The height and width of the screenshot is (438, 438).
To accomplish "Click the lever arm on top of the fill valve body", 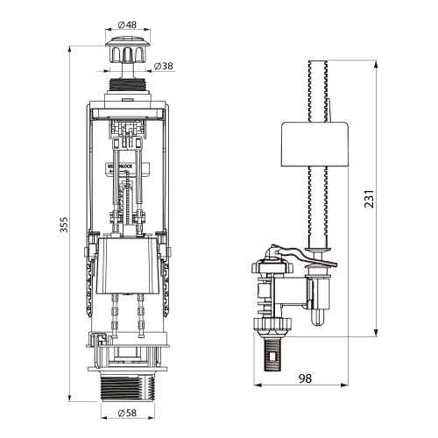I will pyautogui.click(x=302, y=256).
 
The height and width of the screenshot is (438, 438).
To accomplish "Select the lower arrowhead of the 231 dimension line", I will pyautogui.click(x=378, y=332).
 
